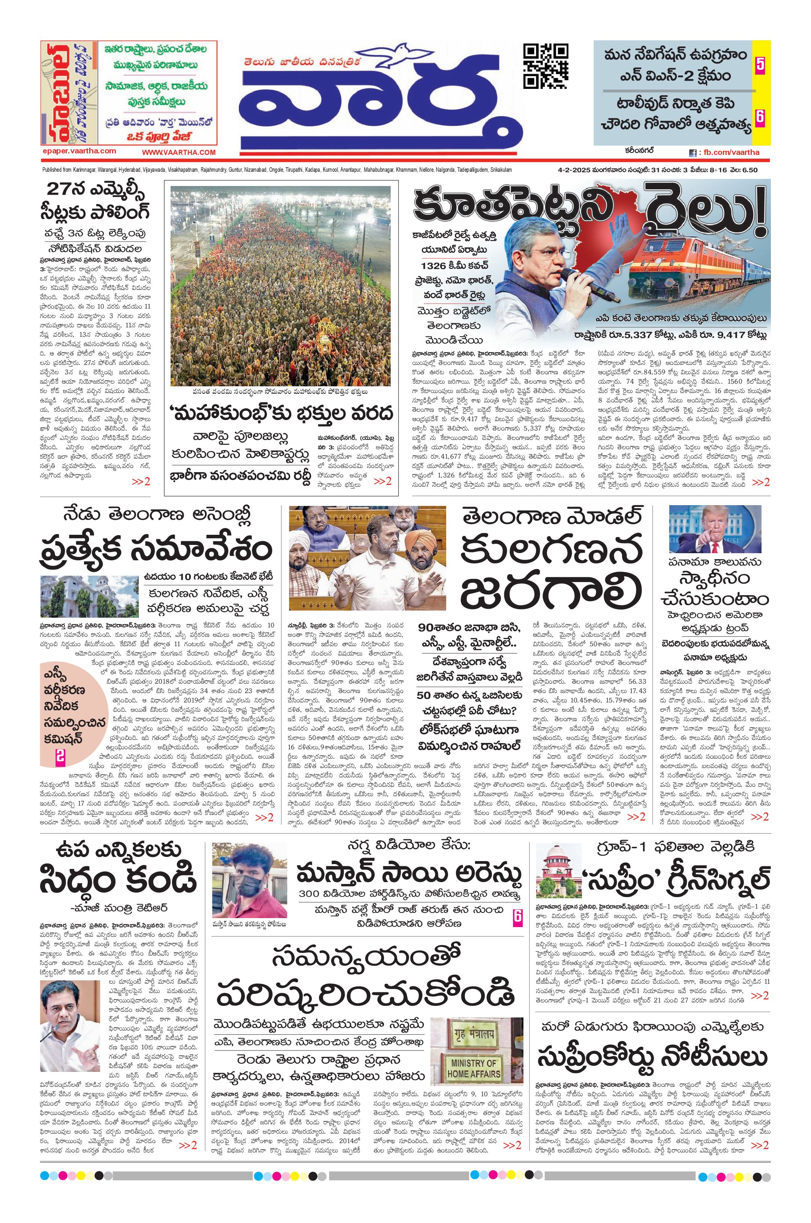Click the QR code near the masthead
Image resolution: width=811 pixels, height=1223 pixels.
coord(546,66)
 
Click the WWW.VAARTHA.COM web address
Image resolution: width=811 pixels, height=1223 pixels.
coord(178,152)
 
